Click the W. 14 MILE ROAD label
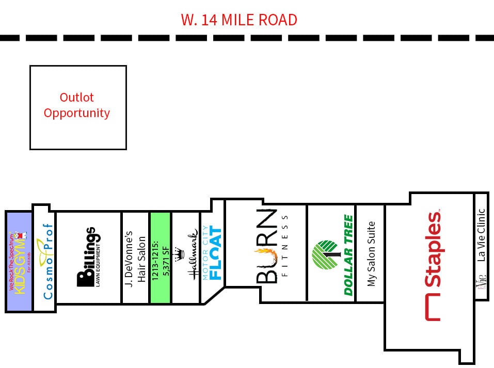[239, 20]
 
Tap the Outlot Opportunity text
[77, 105]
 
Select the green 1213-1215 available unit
[160, 258]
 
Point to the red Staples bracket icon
[433, 308]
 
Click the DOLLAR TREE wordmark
[349, 255]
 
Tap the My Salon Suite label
[370, 254]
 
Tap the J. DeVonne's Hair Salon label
[136, 258]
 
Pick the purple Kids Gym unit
[19, 261]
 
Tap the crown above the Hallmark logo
[180, 255]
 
